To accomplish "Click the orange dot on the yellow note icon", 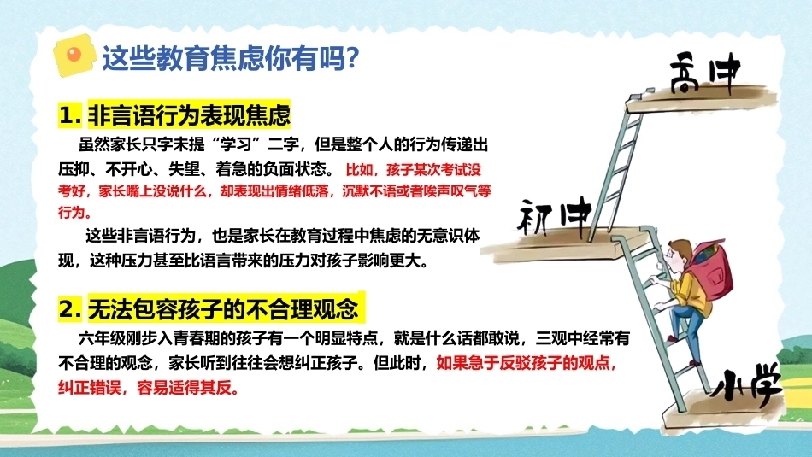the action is coord(74,54).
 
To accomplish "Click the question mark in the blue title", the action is coord(351,57).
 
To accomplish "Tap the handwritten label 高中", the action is coord(705,73).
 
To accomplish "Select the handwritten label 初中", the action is coord(555,216).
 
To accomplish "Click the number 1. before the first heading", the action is coord(70,115).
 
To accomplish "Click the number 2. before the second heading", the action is coord(70,309).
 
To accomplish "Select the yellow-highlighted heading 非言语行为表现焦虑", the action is coord(190,115).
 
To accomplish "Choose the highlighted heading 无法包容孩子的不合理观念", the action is coord(223,309).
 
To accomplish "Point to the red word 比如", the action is coord(358,170).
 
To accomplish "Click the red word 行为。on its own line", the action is coord(74,212).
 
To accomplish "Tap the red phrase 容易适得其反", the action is coord(187,388).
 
